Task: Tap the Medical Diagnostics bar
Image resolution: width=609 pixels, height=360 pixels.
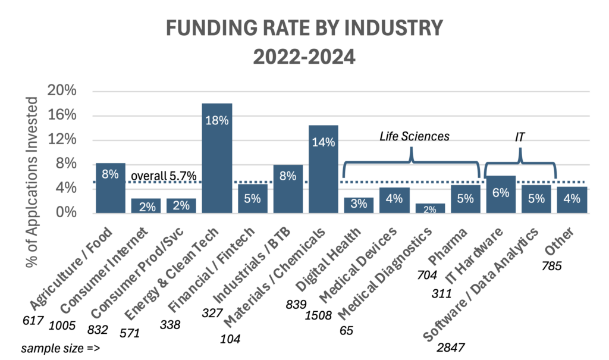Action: point(430,208)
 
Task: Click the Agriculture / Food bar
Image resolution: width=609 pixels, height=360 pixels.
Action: point(110,187)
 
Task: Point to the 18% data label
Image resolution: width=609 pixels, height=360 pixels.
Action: point(216,120)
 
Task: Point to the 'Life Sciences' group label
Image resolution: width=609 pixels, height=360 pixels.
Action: point(415,136)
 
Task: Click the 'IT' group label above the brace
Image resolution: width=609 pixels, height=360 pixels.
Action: point(520,137)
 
